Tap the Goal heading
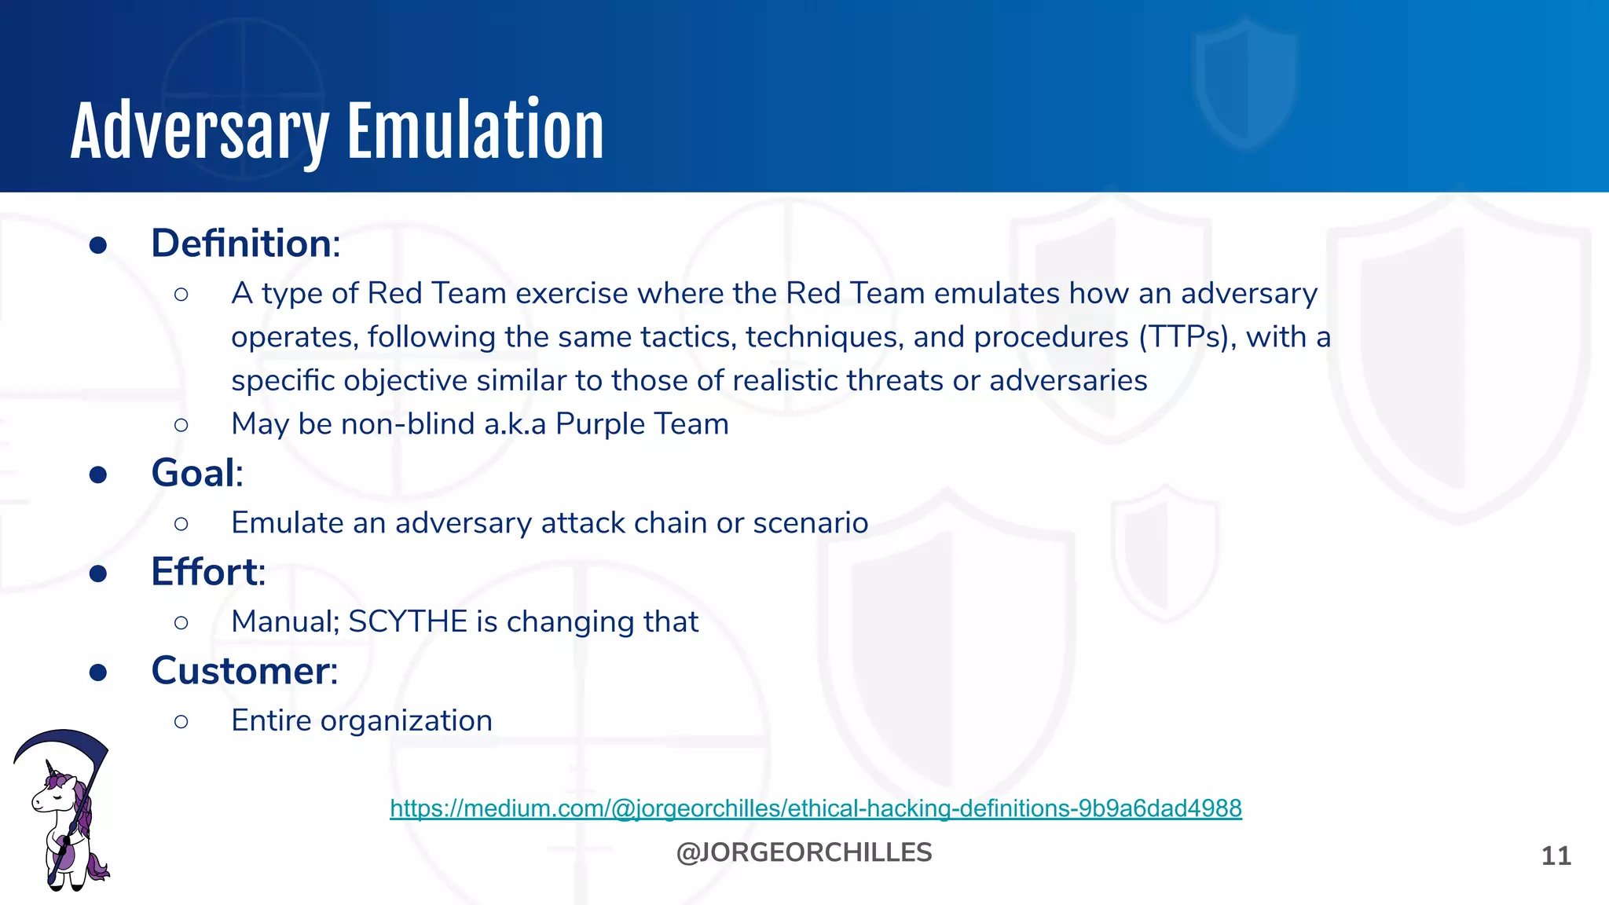pyautogui.click(x=196, y=474)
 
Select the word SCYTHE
pyautogui.click(x=408, y=621)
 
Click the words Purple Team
pyautogui.click(x=642, y=424)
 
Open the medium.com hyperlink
pyautogui.click(x=815, y=808)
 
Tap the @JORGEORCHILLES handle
pyautogui.click(x=804, y=852)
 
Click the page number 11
pyautogui.click(x=1556, y=856)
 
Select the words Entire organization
pyautogui.click(x=361, y=720)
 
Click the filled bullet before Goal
pyautogui.click(x=98, y=474)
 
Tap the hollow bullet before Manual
pyautogui.click(x=181, y=623)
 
